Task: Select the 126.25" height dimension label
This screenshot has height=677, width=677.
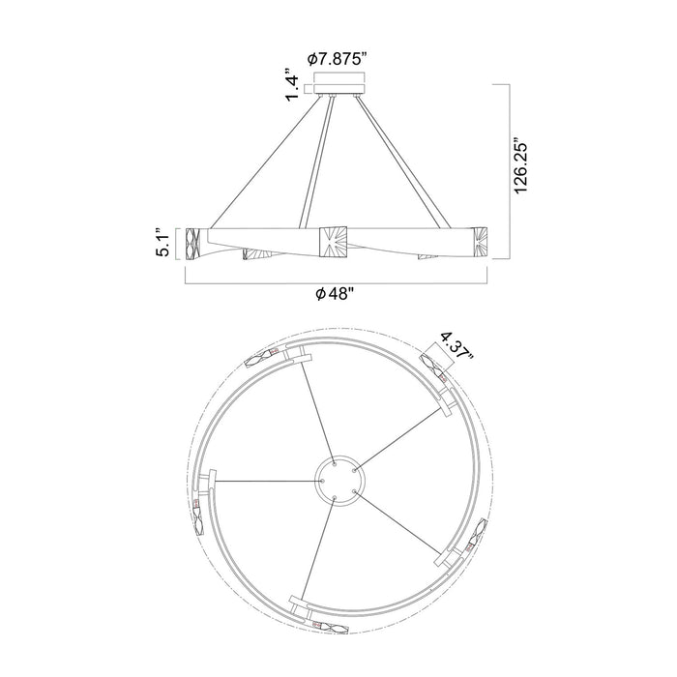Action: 521,166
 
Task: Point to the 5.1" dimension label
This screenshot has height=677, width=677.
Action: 164,243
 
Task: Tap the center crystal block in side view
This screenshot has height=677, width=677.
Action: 333,242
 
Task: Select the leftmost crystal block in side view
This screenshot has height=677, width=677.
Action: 192,244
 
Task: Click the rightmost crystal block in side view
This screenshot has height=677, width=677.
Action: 480,243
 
